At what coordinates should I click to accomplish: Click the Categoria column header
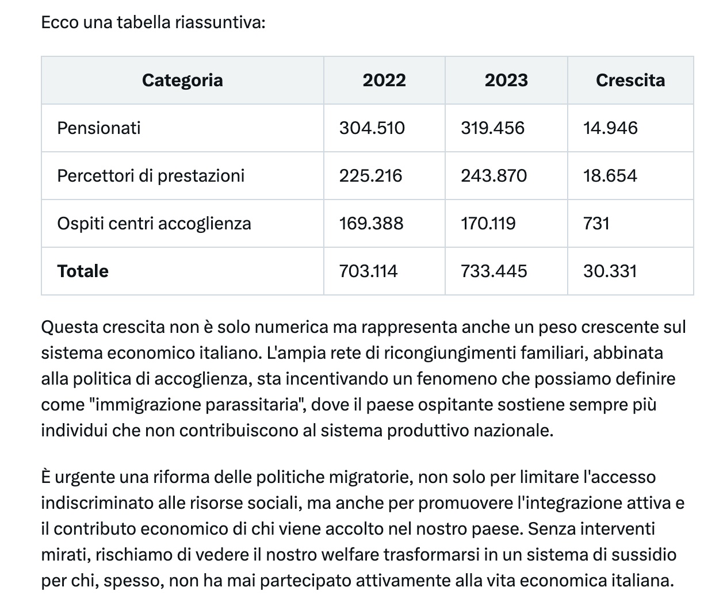(182, 80)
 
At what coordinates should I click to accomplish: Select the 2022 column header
(384, 80)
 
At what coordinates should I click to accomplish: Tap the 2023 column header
(506, 80)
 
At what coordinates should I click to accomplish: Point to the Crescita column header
(630, 80)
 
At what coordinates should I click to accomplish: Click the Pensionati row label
(99, 128)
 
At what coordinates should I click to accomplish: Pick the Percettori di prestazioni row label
(151, 175)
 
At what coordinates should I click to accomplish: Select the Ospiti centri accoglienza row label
(154, 223)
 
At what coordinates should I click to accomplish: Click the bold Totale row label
(83, 271)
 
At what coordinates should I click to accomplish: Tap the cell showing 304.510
(372, 128)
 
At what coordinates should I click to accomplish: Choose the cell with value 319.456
(493, 128)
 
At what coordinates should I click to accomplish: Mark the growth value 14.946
(610, 128)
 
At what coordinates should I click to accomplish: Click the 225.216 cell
(371, 175)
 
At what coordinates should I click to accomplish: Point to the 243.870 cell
(494, 175)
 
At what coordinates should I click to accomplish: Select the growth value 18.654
(610, 175)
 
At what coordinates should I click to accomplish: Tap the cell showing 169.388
(372, 223)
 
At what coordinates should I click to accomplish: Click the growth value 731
(596, 223)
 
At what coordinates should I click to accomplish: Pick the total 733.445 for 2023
(494, 271)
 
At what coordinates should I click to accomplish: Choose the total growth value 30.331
(610, 271)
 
